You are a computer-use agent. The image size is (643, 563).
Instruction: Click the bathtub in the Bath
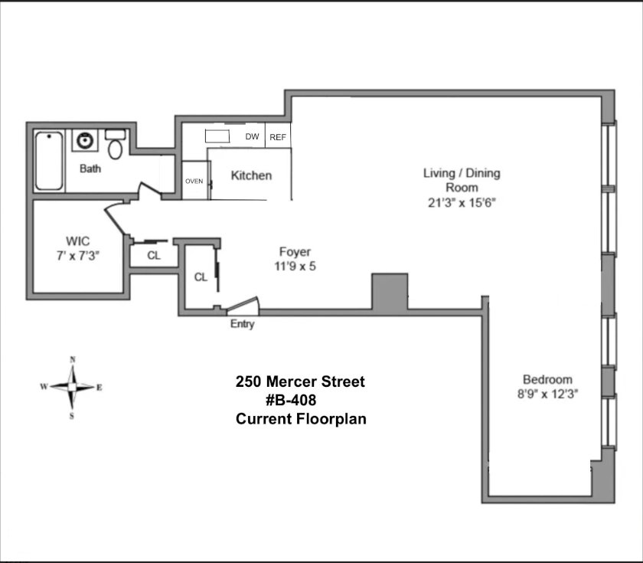[x=49, y=161]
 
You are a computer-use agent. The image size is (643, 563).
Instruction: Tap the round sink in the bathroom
[x=85, y=140]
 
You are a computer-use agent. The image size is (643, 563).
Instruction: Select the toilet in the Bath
[x=116, y=145]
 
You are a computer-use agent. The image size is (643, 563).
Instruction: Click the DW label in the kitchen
[x=252, y=136]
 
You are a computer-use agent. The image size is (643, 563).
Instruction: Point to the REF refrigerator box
[x=278, y=136]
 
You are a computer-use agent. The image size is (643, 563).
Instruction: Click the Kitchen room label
[x=251, y=175]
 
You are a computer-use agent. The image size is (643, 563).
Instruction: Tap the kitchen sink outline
[x=217, y=136]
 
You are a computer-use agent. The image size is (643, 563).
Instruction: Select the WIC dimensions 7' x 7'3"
[x=78, y=256]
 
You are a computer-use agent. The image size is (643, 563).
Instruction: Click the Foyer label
[x=295, y=251]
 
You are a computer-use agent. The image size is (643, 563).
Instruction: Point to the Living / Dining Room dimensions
[x=462, y=203]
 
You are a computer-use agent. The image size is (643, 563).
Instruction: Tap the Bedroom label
[x=547, y=379]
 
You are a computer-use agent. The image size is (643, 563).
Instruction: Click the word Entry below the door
[x=243, y=324]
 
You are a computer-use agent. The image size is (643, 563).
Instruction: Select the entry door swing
[x=243, y=306]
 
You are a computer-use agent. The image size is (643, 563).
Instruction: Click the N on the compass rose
[x=73, y=360]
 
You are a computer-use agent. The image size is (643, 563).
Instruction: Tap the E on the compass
[x=100, y=388]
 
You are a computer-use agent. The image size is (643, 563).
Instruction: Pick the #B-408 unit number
[x=291, y=400]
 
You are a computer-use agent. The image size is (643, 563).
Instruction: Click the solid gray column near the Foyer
[x=390, y=291]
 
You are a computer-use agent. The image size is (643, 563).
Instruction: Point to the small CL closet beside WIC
[x=154, y=256]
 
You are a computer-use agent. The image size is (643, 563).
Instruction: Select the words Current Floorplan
[x=301, y=419]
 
